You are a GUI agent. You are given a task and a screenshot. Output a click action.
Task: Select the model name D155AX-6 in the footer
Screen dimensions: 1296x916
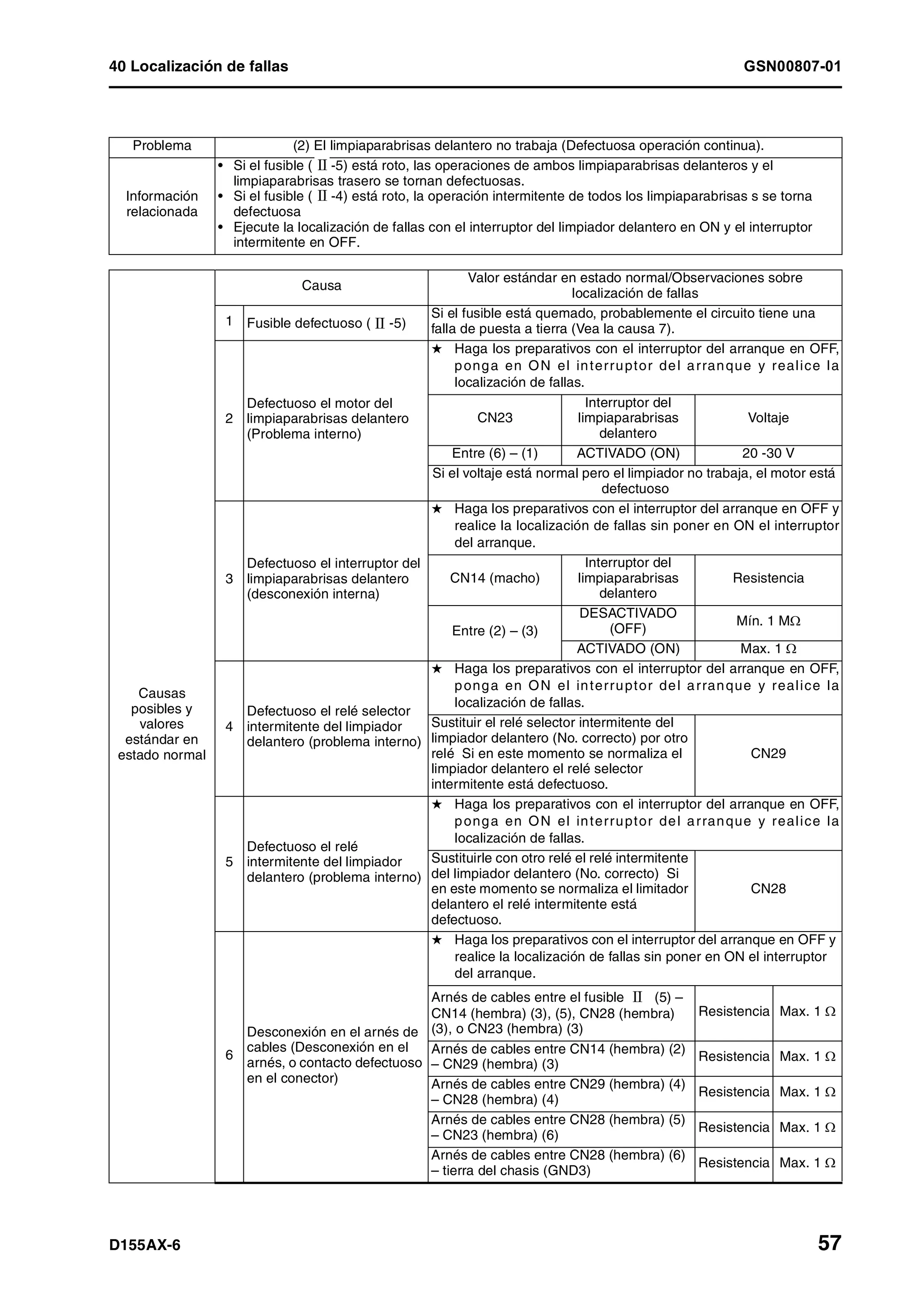click(145, 1245)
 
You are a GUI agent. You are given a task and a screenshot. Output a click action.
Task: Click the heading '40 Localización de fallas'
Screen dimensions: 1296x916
click(198, 67)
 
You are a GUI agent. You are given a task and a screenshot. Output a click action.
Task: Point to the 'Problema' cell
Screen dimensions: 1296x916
click(161, 146)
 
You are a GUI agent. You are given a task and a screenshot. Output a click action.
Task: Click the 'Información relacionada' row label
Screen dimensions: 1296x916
click(161, 204)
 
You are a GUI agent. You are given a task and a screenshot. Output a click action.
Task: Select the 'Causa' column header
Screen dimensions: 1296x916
click(321, 286)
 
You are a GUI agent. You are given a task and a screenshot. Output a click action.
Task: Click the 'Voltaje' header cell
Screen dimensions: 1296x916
click(768, 418)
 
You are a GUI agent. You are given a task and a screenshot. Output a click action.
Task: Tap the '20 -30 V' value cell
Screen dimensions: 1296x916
click(768, 454)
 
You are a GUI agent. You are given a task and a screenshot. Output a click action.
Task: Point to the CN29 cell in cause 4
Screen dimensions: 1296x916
click(768, 754)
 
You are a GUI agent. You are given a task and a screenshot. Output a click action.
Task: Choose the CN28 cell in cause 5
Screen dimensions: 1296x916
click(768, 889)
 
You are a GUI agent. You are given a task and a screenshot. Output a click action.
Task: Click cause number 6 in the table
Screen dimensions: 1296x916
click(229, 1055)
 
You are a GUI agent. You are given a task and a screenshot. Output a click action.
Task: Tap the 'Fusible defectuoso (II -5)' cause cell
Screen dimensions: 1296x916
click(326, 323)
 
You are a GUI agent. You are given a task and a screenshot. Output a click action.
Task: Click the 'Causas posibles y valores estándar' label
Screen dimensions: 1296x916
click(161, 724)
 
